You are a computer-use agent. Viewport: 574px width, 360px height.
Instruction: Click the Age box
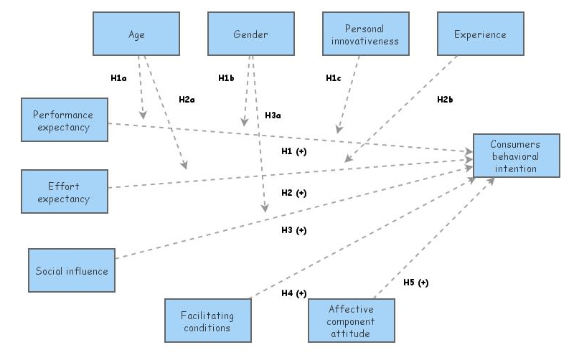point(136,33)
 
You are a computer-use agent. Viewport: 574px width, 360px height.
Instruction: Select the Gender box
point(250,33)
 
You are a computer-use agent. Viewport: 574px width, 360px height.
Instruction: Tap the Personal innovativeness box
point(365,34)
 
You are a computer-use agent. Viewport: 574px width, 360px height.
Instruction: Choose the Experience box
point(481,34)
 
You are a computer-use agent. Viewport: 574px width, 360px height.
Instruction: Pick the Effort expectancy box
point(65,191)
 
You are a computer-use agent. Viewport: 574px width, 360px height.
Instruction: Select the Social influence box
point(72,270)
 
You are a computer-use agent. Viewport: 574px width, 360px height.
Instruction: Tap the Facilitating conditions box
point(208,321)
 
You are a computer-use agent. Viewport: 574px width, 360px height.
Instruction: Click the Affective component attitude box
point(352,321)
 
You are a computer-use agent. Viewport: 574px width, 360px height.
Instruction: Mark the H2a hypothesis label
point(187,99)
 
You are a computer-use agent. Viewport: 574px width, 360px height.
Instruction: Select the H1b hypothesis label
point(227,77)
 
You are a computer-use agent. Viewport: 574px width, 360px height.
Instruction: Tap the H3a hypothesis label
point(273,115)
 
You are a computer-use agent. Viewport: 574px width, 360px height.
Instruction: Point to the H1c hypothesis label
point(334,77)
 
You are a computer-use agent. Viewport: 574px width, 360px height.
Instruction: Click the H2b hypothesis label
point(445,99)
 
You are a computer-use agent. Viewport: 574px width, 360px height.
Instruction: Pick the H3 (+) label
point(293,230)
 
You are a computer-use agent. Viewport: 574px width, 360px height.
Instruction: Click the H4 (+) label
point(293,293)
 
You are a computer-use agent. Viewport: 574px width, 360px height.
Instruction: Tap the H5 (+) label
point(415,283)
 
